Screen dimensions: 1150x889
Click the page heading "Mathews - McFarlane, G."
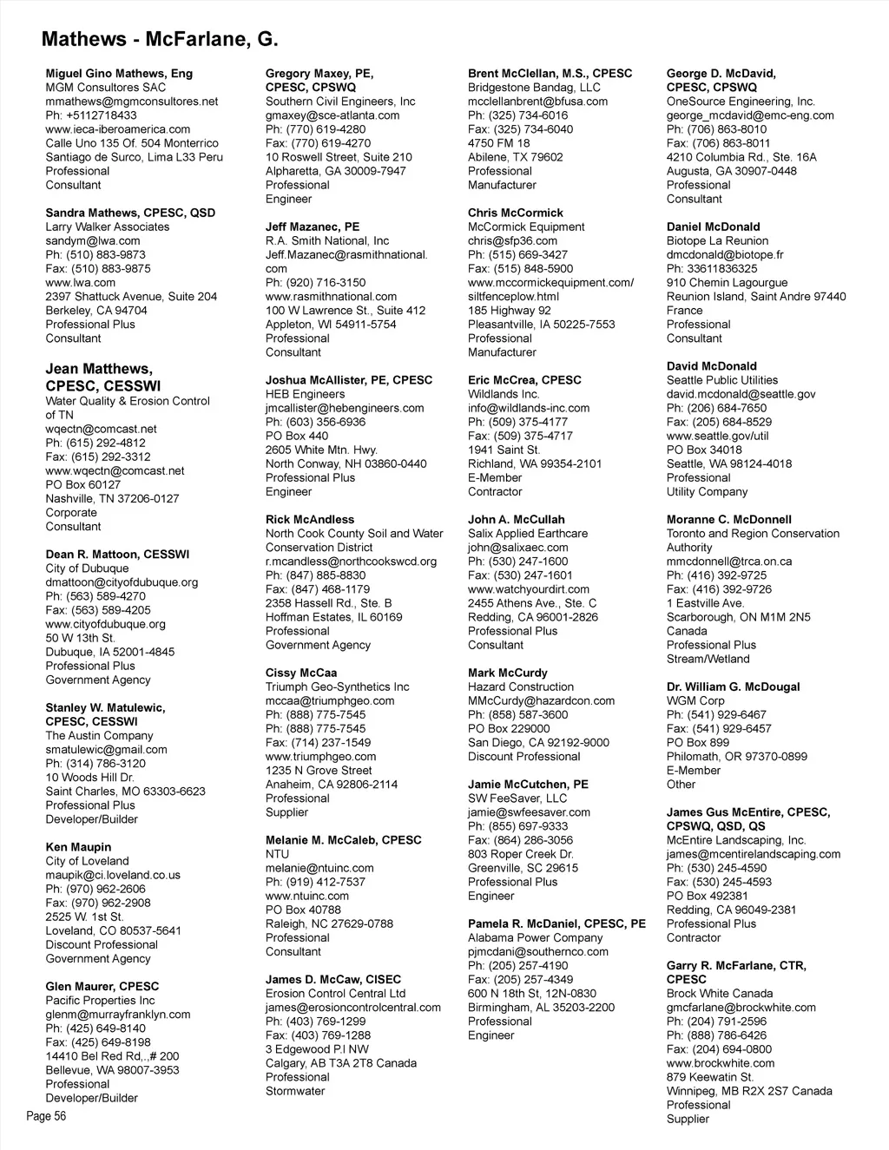160,39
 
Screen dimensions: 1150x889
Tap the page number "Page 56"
46,1116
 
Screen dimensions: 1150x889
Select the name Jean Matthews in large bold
99,370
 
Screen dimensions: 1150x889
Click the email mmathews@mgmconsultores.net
132,102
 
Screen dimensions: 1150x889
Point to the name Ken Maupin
78,847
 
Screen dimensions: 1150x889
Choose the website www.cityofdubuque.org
105,624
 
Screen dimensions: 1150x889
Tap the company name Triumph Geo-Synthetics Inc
337,687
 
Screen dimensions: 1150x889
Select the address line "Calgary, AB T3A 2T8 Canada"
341,1063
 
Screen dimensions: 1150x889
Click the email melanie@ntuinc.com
319,868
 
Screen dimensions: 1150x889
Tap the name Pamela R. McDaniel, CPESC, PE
556,923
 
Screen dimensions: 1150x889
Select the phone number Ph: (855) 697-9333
518,826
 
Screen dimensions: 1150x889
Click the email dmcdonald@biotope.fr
725,255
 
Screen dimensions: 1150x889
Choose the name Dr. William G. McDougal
734,687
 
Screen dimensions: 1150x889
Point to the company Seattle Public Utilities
722,380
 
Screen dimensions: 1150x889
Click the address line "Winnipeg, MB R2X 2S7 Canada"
749,1091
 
